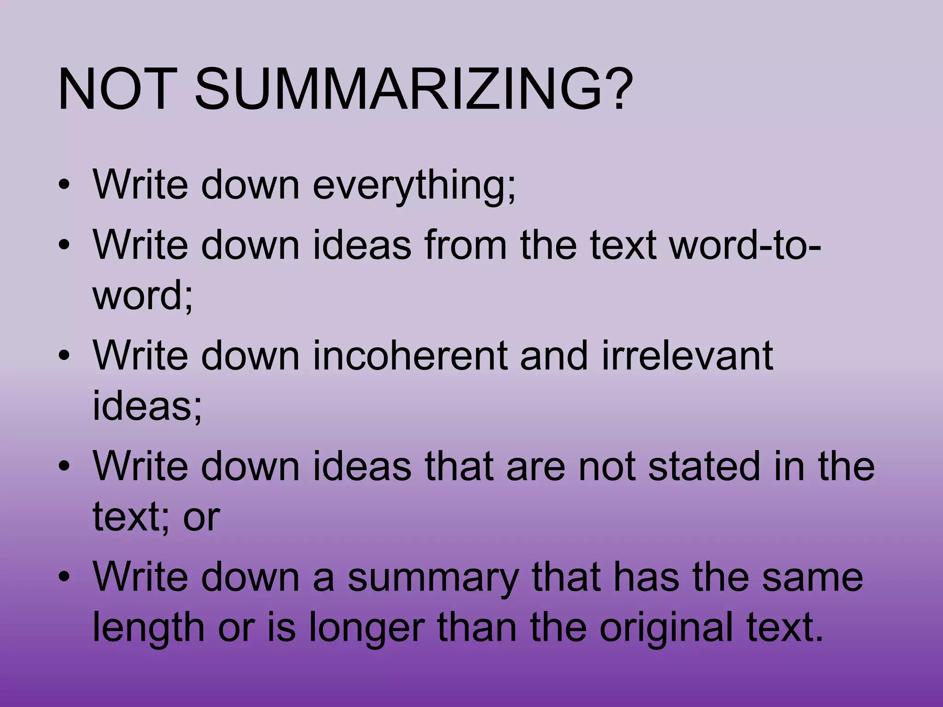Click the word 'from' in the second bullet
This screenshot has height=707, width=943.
pyautogui.click(x=466, y=244)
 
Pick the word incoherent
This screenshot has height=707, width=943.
pyautogui.click(x=410, y=356)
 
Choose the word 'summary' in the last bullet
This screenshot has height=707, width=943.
pyautogui.click(x=433, y=578)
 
